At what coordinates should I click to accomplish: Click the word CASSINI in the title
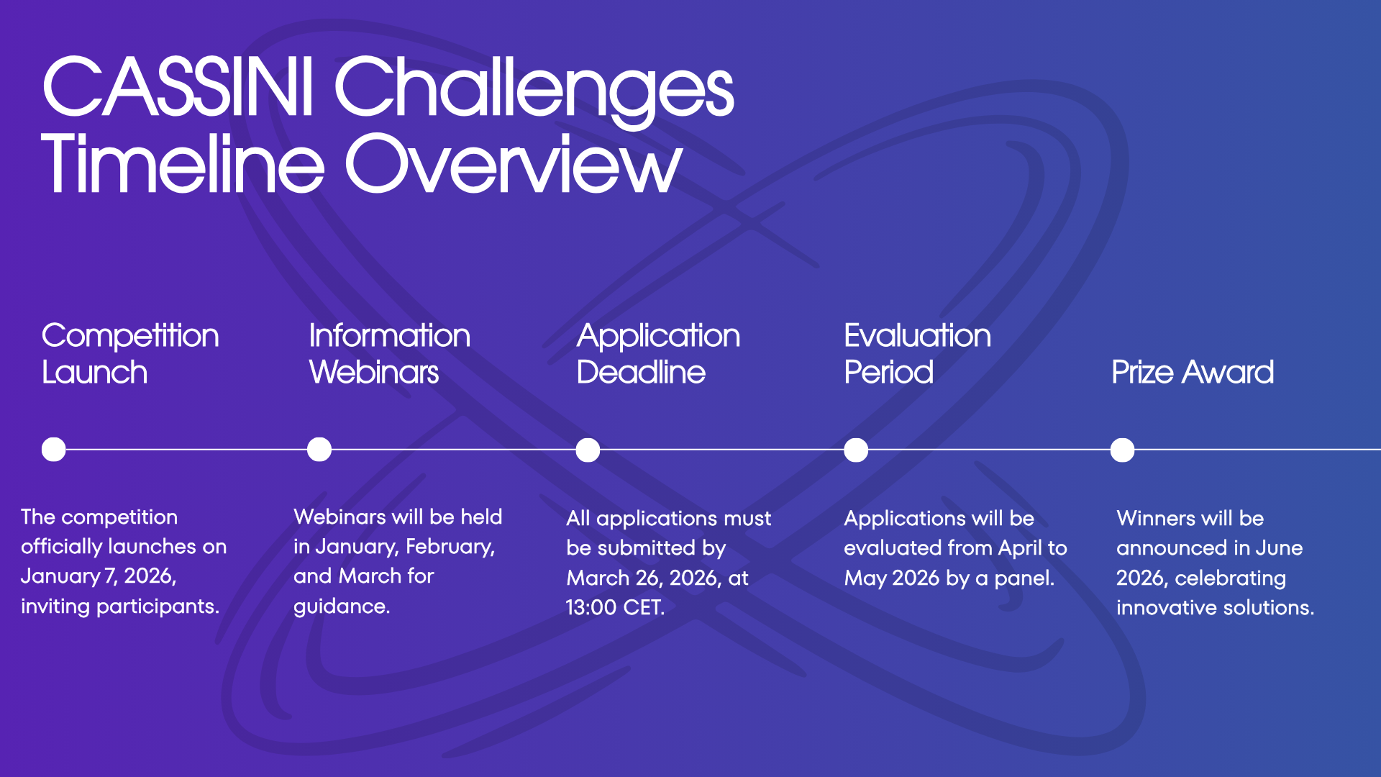click(x=178, y=88)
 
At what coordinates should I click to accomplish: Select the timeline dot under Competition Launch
click(x=54, y=450)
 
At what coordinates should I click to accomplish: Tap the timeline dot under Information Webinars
click(x=319, y=450)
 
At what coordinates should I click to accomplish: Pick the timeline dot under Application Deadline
click(x=588, y=450)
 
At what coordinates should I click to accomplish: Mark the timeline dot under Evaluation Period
click(x=856, y=450)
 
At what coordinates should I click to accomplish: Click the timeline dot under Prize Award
click(x=1122, y=450)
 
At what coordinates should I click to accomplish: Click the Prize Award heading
click(x=1192, y=373)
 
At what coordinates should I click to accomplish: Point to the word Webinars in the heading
click(x=374, y=373)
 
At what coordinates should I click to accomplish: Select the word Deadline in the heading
click(x=641, y=373)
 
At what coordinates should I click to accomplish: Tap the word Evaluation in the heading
click(x=917, y=336)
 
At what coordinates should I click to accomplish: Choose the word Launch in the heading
click(x=94, y=373)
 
